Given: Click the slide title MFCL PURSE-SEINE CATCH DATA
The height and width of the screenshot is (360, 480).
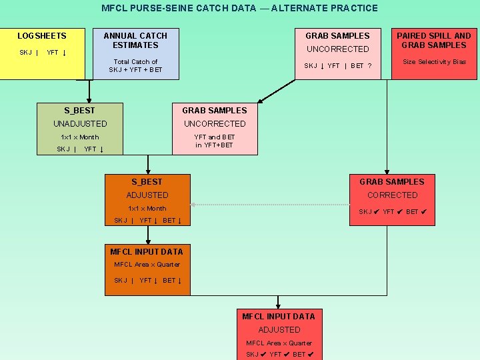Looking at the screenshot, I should (x=239, y=9).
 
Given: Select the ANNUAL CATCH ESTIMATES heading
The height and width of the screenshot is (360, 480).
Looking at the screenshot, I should (x=135, y=40).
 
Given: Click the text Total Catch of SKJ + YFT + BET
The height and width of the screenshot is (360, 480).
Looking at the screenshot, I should (x=135, y=65).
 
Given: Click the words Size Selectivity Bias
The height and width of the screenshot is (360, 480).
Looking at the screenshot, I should (x=434, y=62).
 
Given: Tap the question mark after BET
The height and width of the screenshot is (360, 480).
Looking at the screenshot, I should (x=379, y=66).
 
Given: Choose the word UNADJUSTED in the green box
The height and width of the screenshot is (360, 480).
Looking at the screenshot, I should (x=80, y=123).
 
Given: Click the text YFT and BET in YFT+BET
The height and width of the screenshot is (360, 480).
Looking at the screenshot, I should (x=214, y=141).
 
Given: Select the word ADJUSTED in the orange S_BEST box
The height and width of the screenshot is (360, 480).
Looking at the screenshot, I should (x=147, y=195).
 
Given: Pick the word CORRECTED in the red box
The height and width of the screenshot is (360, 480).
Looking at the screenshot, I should (x=392, y=195).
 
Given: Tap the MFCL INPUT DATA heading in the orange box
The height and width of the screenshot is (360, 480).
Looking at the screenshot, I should (x=146, y=251).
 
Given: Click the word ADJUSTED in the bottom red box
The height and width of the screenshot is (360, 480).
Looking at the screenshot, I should (x=279, y=329).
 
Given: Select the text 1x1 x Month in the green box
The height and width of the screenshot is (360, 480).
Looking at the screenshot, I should (x=79, y=137).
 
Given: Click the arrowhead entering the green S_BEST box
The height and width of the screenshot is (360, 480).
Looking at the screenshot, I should (x=89, y=100).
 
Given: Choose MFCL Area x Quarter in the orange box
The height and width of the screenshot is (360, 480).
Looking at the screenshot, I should (x=147, y=265).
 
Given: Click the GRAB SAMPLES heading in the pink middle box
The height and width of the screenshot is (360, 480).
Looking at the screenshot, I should (x=214, y=110).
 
